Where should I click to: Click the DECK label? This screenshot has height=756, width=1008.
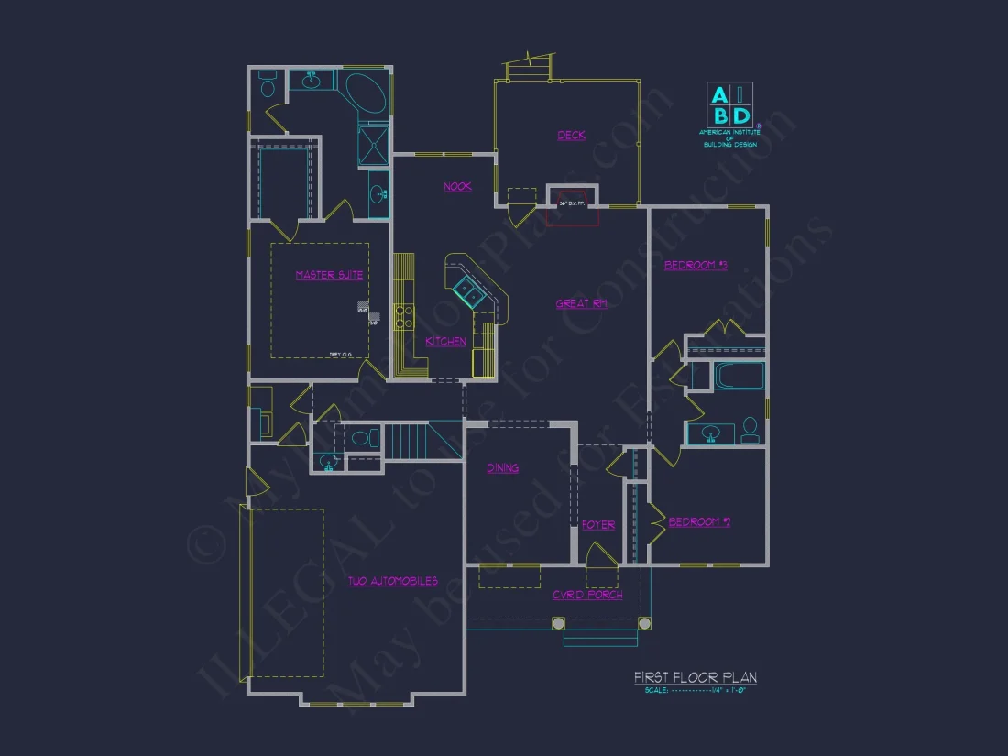(571, 136)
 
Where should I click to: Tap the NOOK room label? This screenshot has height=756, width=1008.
(457, 186)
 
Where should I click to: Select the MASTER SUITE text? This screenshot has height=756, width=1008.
(329, 275)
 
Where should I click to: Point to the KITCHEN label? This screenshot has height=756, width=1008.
(445, 342)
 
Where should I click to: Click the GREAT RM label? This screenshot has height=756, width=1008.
(582, 303)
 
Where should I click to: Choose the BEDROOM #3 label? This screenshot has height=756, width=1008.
(695, 266)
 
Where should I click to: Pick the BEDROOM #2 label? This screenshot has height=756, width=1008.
(699, 522)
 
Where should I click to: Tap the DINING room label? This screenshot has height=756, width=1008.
(502, 468)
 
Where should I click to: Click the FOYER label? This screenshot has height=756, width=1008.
(598, 525)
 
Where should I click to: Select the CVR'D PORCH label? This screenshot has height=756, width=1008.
(587, 595)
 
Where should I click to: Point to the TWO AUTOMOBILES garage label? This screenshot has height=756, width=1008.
(392, 581)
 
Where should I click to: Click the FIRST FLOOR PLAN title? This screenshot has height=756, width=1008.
(696, 678)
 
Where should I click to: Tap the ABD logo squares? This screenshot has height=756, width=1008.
(729, 104)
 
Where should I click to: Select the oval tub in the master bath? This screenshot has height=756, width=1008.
(365, 93)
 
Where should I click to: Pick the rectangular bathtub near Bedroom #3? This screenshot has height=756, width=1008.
(739, 377)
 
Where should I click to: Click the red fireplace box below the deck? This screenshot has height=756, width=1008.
(572, 206)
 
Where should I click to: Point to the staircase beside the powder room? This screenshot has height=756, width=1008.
(407, 441)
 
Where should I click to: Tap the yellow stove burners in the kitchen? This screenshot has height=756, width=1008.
(402, 316)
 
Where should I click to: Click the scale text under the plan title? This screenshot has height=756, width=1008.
(696, 690)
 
